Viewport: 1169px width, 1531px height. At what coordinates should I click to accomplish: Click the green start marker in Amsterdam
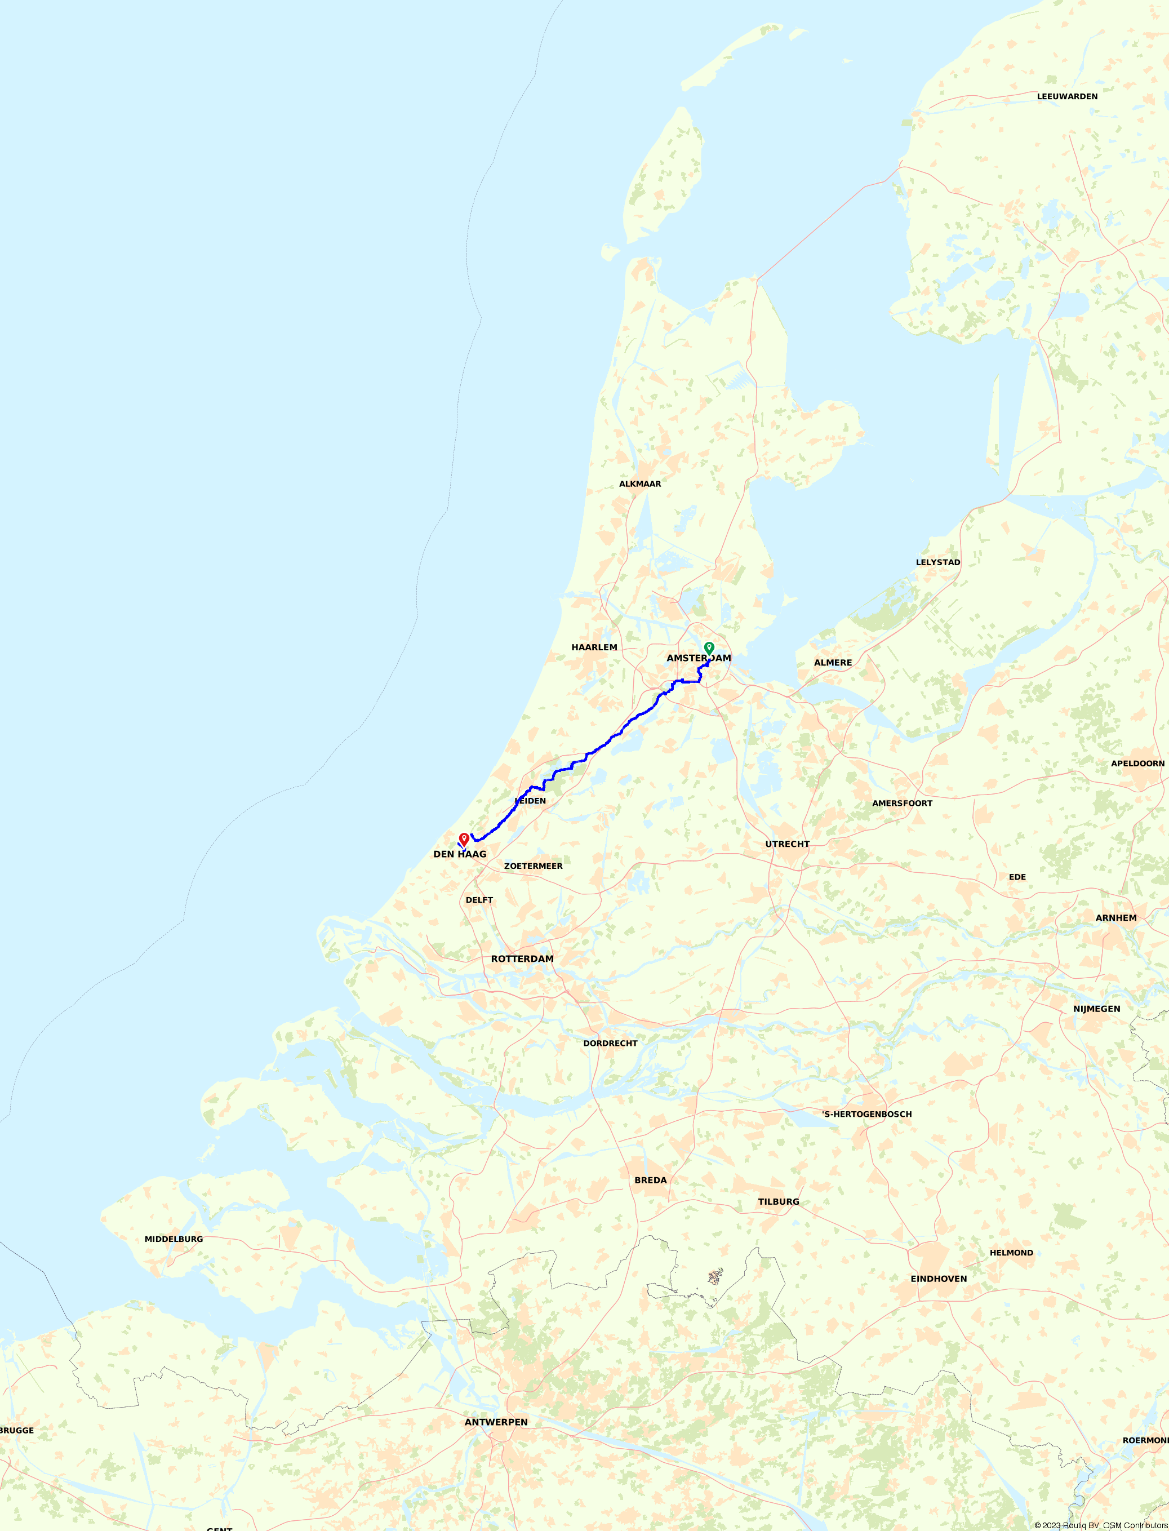click(x=709, y=648)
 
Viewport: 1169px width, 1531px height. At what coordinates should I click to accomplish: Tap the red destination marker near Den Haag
click(x=464, y=839)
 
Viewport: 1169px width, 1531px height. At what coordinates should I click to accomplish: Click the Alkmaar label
click(x=639, y=483)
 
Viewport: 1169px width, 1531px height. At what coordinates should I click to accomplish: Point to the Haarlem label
click(x=594, y=647)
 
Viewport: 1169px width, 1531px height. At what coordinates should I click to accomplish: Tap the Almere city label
click(x=833, y=663)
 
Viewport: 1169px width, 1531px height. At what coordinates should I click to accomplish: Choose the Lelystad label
click(x=937, y=562)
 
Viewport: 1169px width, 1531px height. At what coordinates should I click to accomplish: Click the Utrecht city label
click(x=787, y=844)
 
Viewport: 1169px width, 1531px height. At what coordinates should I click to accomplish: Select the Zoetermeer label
click(x=533, y=866)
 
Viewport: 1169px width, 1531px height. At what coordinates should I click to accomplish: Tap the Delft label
click(x=479, y=900)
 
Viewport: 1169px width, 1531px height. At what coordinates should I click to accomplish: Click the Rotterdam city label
click(x=522, y=959)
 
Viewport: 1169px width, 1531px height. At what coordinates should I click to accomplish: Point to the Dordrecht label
click(x=610, y=1043)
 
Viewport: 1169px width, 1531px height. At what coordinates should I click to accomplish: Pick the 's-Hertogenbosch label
click(x=866, y=1114)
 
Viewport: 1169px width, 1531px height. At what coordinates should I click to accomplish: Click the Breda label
click(x=650, y=1181)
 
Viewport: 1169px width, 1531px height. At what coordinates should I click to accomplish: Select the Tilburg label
click(x=778, y=1202)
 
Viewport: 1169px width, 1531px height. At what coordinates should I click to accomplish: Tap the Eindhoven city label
click(x=938, y=1279)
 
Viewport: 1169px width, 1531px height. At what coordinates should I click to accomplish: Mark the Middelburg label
click(x=174, y=1239)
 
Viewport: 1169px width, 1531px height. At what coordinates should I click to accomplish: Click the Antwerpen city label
click(x=496, y=1422)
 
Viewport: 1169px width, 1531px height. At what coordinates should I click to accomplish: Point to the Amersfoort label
click(x=902, y=803)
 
